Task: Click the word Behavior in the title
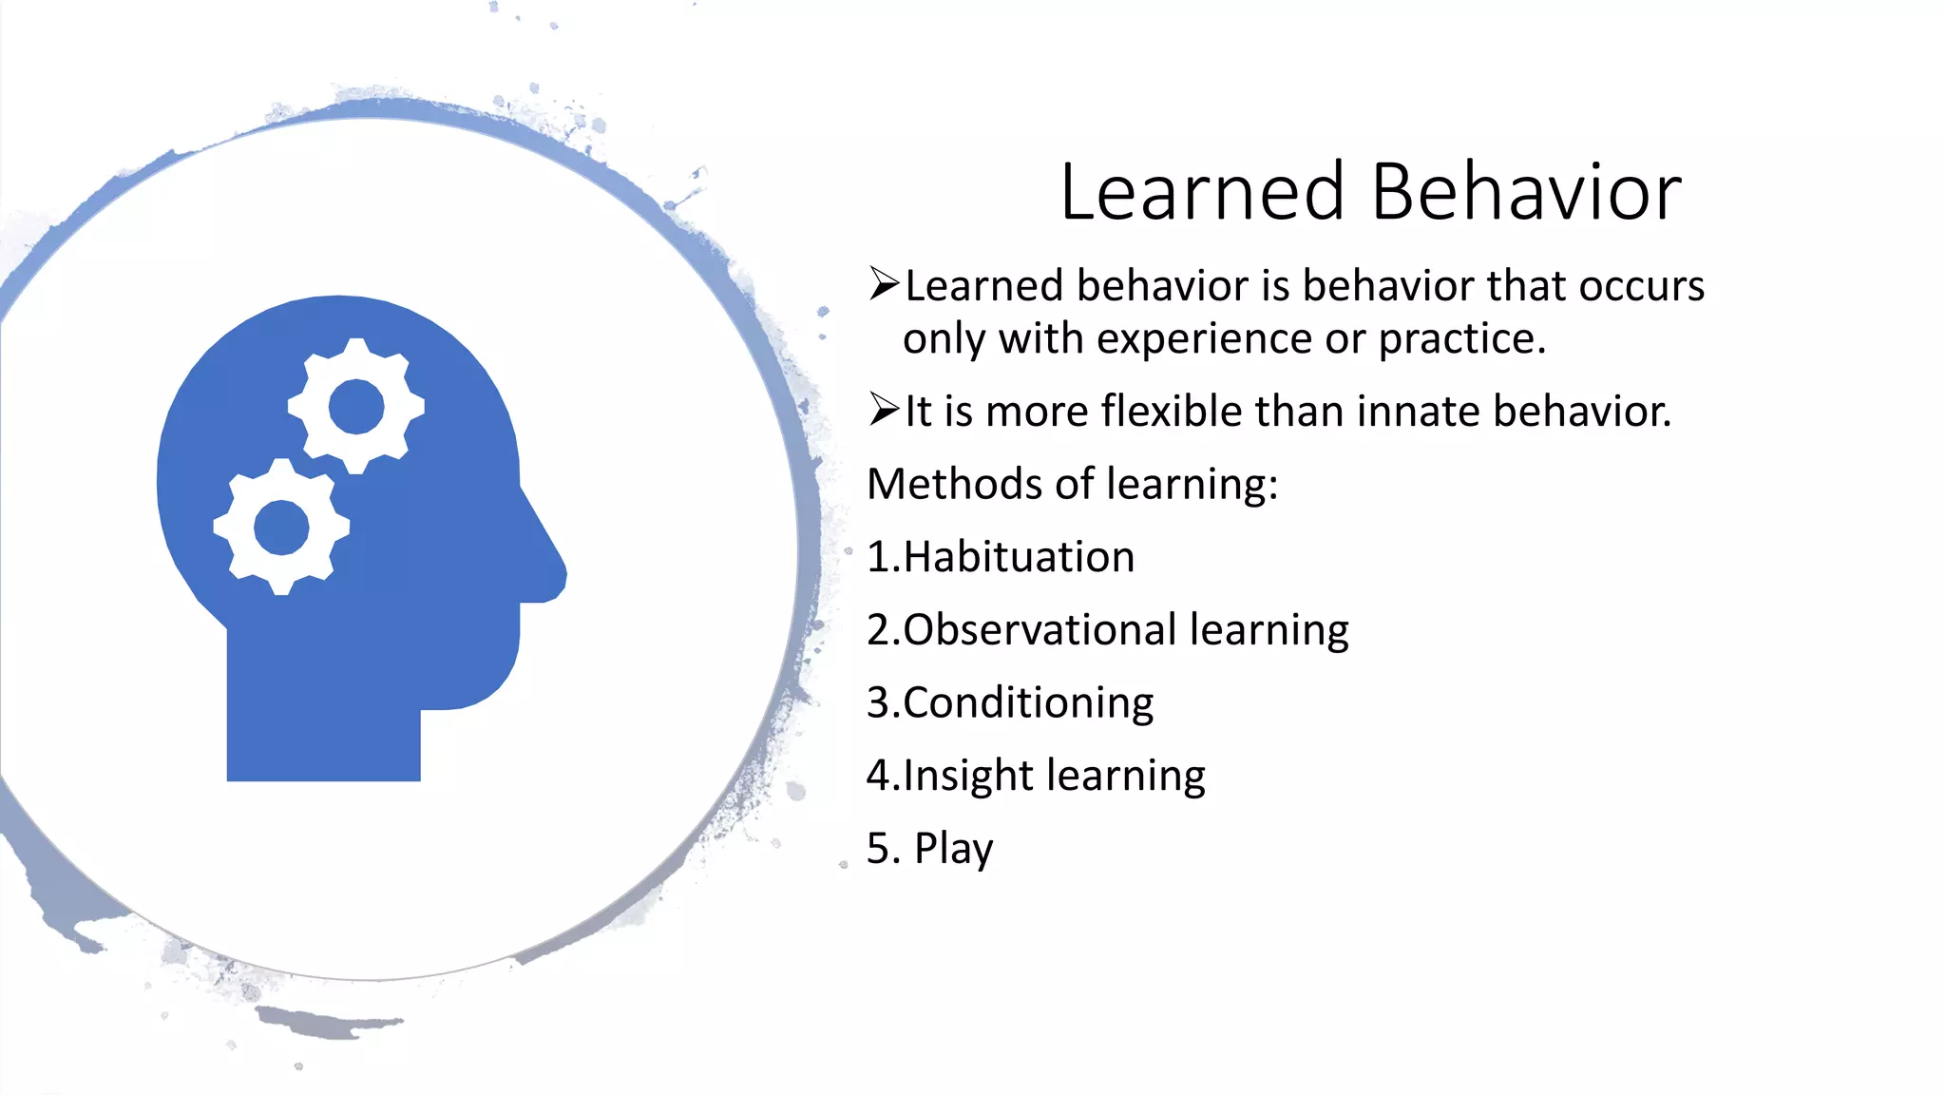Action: [1526, 192]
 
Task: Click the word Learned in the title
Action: [1202, 192]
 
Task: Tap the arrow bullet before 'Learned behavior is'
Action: [884, 284]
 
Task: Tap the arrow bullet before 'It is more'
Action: [884, 411]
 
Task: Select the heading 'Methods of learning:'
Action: [1072, 484]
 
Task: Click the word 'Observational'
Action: [1040, 630]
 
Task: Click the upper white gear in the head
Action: [356, 406]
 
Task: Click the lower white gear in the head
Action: [281, 527]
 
